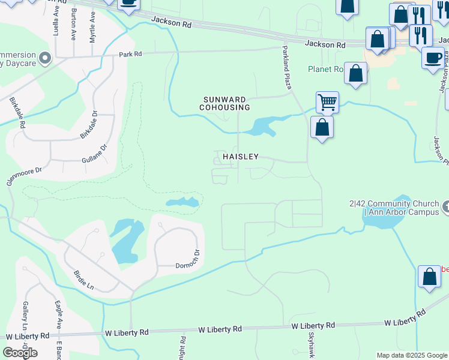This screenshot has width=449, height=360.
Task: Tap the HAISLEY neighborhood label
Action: (241, 157)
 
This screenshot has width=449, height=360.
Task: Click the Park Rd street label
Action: (130, 53)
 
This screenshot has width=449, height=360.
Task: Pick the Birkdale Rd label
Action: (17, 112)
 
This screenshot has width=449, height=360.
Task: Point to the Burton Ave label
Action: (73, 24)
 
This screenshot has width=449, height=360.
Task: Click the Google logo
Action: (20, 353)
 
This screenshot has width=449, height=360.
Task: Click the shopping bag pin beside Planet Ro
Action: (355, 74)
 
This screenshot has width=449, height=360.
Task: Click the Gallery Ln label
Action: (25, 316)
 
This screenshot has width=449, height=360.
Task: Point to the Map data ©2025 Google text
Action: (411, 355)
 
